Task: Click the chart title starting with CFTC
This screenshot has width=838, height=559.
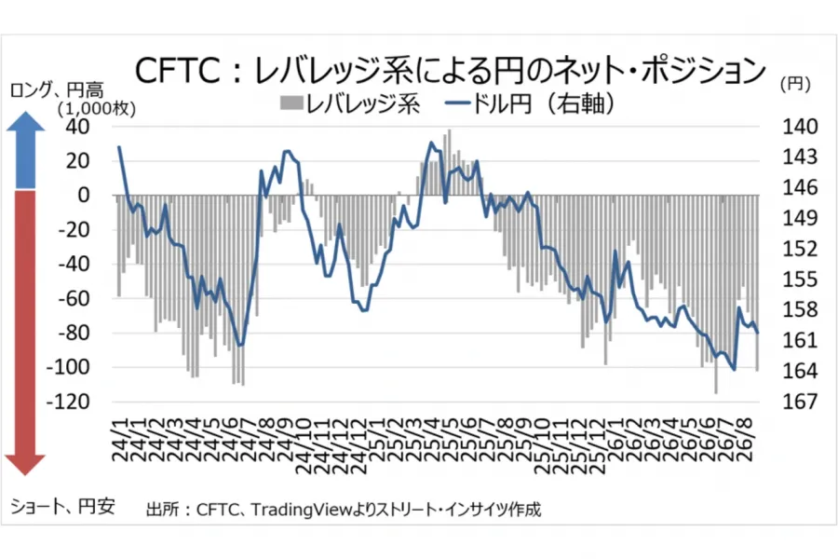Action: (x=451, y=71)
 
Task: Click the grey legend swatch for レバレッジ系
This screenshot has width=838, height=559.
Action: (x=291, y=102)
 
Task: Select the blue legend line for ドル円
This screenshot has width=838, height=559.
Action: (x=456, y=102)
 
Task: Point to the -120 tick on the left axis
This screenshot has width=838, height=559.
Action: (x=68, y=402)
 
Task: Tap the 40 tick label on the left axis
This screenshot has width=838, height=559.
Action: (x=77, y=127)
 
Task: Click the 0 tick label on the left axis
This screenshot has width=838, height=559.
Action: (x=84, y=196)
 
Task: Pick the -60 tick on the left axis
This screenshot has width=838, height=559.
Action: (x=74, y=298)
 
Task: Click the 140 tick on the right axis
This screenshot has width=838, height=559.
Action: (x=800, y=127)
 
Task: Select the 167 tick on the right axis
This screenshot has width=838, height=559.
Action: (x=800, y=402)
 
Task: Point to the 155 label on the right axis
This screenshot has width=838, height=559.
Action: (x=800, y=279)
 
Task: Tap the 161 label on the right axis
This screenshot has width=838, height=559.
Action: (x=800, y=340)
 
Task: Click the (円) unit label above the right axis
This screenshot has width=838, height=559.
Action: (x=796, y=84)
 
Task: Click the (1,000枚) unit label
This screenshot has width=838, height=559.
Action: (x=97, y=109)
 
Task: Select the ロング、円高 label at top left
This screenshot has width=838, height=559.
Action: (x=57, y=90)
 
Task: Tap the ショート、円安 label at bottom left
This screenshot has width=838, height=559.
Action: (x=62, y=506)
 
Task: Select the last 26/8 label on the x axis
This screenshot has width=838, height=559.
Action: (x=745, y=439)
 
